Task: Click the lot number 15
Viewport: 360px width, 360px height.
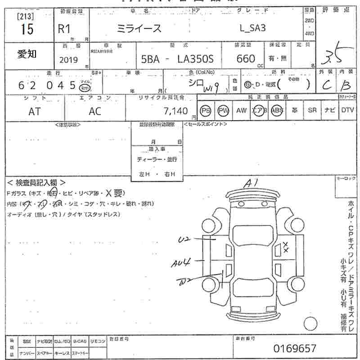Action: click(x=27, y=29)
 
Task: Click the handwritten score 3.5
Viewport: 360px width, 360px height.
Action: click(x=333, y=56)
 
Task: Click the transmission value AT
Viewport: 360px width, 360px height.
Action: click(x=34, y=112)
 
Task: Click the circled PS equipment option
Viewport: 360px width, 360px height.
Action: click(x=206, y=111)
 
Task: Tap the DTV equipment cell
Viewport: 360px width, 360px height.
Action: click(x=347, y=110)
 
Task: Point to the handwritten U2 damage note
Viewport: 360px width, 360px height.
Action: click(x=185, y=240)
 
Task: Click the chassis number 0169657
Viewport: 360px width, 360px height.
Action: click(x=295, y=348)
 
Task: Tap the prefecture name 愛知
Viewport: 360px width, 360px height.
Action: click(x=27, y=54)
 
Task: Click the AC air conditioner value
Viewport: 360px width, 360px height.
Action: click(x=95, y=112)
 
